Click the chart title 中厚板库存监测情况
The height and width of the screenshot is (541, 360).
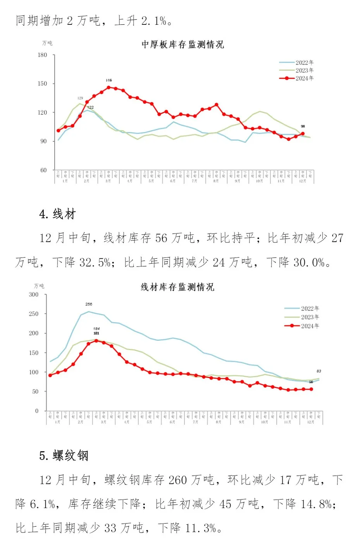click(183, 45)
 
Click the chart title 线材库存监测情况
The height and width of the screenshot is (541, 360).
click(177, 287)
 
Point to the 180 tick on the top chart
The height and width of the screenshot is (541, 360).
click(42, 55)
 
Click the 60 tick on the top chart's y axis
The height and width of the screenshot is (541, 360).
click(43, 170)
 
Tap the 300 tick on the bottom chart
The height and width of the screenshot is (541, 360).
click(34, 295)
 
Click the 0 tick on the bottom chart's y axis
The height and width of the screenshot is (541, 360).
click(37, 411)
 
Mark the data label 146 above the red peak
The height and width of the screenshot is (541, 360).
click(109, 81)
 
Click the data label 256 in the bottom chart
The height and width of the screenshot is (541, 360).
click(89, 304)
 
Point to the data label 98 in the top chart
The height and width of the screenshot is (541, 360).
click(303, 126)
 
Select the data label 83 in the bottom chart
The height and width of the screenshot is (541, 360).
click(319, 371)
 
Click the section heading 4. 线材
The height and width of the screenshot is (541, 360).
click(57, 214)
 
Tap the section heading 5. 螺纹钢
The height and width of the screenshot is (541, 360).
click(64, 456)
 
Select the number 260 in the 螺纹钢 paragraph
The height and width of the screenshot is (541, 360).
click(178, 480)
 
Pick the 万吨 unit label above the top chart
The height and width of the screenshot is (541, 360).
click(47, 43)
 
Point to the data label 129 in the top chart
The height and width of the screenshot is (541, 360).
click(80, 98)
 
